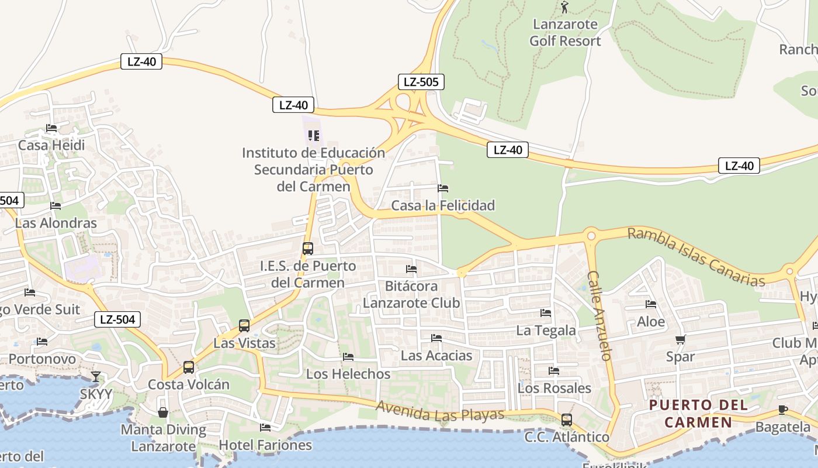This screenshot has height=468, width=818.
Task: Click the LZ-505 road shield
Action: point(421,82)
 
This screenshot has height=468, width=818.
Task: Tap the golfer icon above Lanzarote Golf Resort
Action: point(564,7)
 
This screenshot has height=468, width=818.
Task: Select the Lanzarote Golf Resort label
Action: point(565,33)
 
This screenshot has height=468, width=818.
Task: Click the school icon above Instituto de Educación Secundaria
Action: point(314,136)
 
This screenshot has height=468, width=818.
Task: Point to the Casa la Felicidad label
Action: point(443,205)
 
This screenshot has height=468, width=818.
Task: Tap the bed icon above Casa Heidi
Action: point(51,128)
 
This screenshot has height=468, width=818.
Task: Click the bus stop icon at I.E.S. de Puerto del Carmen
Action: point(308,248)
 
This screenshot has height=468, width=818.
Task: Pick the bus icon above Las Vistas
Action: point(244,325)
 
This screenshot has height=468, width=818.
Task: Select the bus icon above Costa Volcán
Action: point(189,367)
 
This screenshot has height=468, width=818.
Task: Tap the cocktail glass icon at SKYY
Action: point(96,376)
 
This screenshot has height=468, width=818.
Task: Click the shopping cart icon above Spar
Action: point(680,339)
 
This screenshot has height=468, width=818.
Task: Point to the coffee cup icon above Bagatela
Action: point(783,409)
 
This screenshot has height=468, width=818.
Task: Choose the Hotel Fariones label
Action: point(265,445)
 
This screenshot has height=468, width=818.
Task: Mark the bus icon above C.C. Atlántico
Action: point(566,419)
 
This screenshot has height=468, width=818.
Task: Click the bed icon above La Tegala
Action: point(546,313)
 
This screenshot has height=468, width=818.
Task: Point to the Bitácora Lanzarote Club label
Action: point(411,294)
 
